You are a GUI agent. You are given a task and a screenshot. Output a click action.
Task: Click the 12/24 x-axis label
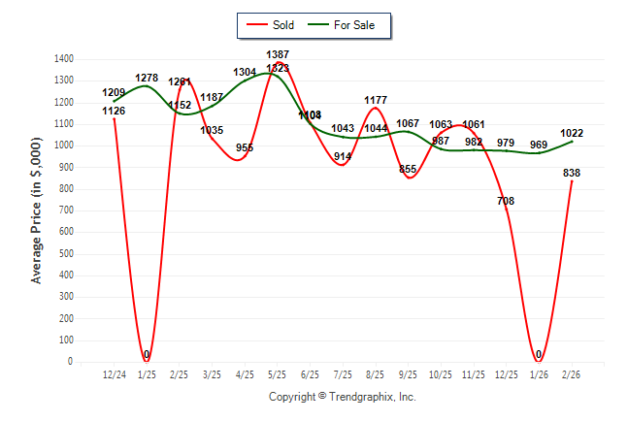(x=114, y=374)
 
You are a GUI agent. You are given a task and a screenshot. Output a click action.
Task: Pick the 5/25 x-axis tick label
(x=278, y=374)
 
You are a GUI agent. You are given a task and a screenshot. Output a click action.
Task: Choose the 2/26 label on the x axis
(x=572, y=374)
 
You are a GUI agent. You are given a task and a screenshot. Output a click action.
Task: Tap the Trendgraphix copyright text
(x=342, y=397)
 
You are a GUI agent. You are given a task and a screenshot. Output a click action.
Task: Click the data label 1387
(x=278, y=54)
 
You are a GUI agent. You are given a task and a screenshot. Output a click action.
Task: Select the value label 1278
(x=147, y=78)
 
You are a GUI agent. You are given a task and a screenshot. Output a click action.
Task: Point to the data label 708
(x=506, y=201)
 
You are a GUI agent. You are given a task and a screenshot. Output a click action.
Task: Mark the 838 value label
(x=572, y=173)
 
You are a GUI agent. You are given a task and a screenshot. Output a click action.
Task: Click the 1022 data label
(x=572, y=134)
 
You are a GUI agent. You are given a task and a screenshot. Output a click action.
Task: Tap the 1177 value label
(x=376, y=100)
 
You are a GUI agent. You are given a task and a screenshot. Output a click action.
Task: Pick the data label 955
(x=245, y=148)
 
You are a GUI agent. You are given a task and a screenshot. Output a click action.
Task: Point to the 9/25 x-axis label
(x=408, y=374)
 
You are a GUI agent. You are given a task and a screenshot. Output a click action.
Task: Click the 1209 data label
(x=114, y=93)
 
